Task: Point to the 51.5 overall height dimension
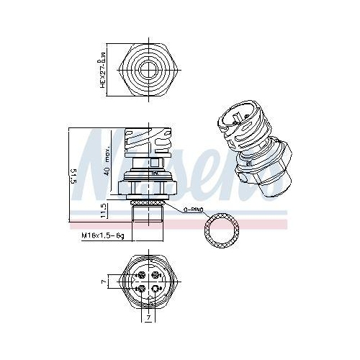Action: tap(73, 176)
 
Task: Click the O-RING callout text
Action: tap(195, 210)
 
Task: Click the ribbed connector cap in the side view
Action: tap(149, 140)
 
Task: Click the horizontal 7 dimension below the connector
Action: tap(149, 318)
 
